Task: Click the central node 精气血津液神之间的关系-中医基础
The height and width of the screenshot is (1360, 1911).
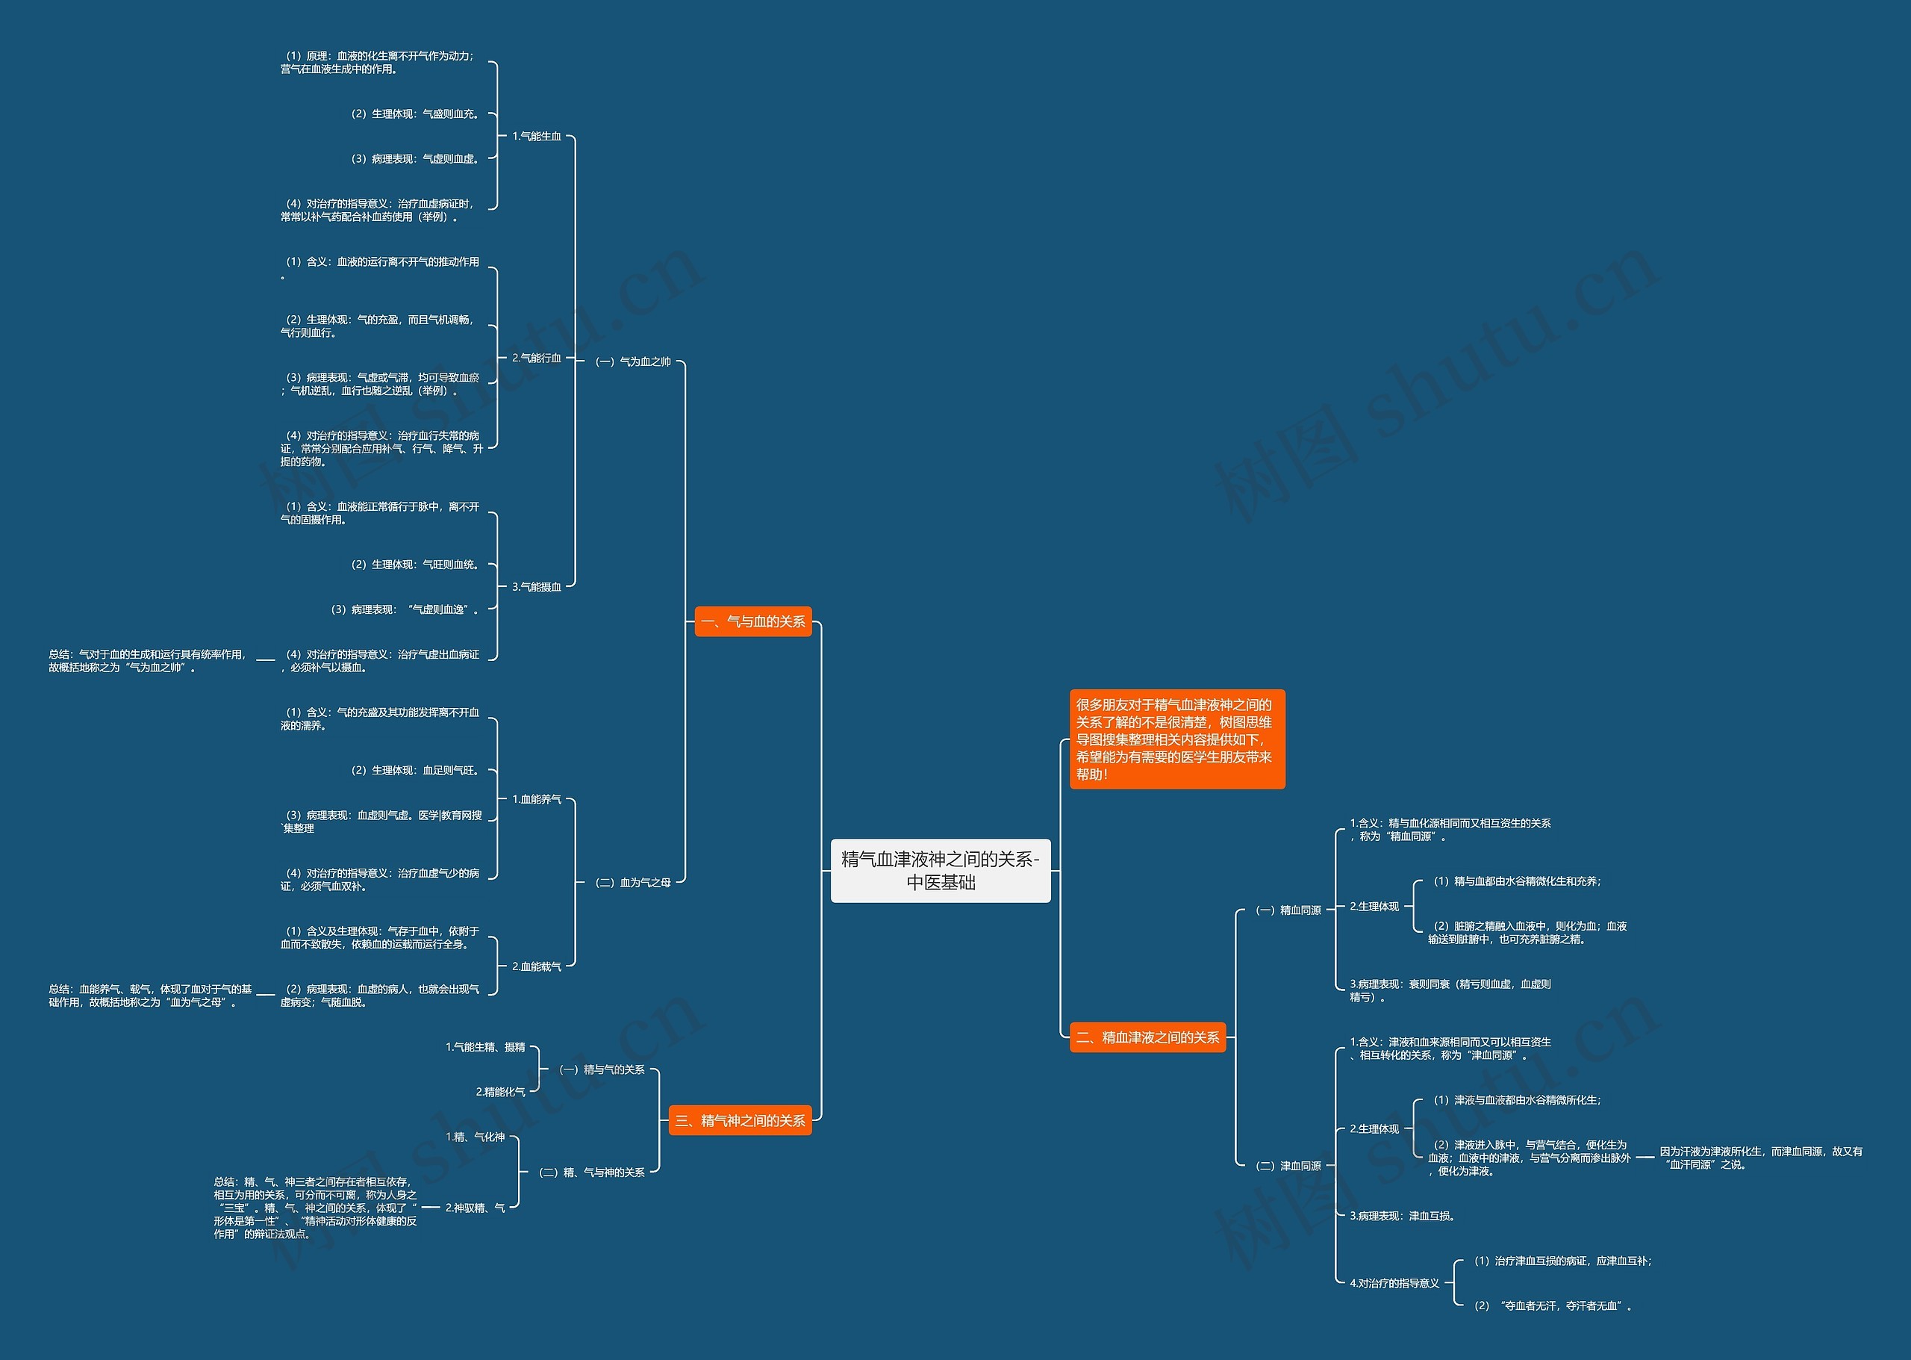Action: pyautogui.click(x=940, y=870)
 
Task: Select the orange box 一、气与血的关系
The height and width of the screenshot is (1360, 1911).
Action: pyautogui.click(x=753, y=621)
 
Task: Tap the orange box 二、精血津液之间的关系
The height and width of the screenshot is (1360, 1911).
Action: pyautogui.click(x=1147, y=1037)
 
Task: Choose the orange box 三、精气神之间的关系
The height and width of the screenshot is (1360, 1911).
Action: pyautogui.click(x=740, y=1120)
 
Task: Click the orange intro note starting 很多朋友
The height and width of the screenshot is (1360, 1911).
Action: pyautogui.click(x=1177, y=739)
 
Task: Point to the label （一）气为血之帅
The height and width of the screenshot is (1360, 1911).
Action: pyautogui.click(x=633, y=361)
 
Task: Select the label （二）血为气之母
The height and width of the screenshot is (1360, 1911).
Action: pyautogui.click(x=633, y=883)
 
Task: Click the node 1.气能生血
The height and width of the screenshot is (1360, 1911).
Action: pyautogui.click(x=537, y=137)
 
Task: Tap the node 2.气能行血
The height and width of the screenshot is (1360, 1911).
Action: pyautogui.click(x=537, y=358)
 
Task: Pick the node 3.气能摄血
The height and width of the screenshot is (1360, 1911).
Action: pyautogui.click(x=537, y=587)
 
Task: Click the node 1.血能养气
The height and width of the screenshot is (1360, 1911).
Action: pyautogui.click(x=537, y=800)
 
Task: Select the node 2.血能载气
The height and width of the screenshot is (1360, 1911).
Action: pyautogui.click(x=537, y=966)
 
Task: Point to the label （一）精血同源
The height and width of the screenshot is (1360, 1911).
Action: pyautogui.click(x=1288, y=910)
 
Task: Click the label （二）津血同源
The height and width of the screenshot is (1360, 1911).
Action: pyautogui.click(x=1288, y=1166)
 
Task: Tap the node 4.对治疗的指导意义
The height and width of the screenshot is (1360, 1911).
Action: pyautogui.click(x=1394, y=1283)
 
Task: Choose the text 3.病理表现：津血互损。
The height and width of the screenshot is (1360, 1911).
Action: pyautogui.click(x=1403, y=1216)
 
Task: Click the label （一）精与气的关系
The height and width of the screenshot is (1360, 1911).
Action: pyautogui.click(x=602, y=1069)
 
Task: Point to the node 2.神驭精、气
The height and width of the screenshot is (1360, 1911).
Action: pyautogui.click(x=476, y=1208)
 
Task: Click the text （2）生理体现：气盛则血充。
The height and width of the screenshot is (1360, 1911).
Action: pyautogui.click(x=415, y=114)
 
